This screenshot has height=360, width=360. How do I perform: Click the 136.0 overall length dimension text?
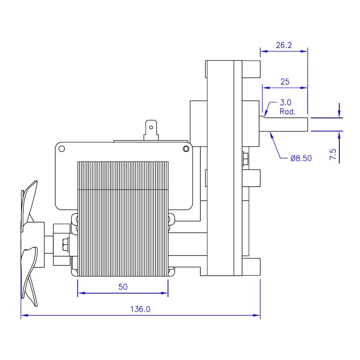(x=140, y=309)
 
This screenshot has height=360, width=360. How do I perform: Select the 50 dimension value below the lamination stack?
(x=123, y=287)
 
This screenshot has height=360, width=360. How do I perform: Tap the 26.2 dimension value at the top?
(x=284, y=45)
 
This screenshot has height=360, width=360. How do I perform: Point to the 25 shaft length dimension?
(x=285, y=81)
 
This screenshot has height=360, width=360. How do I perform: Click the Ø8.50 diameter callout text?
(x=301, y=158)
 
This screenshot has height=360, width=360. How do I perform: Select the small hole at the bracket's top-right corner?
(x=185, y=149)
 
